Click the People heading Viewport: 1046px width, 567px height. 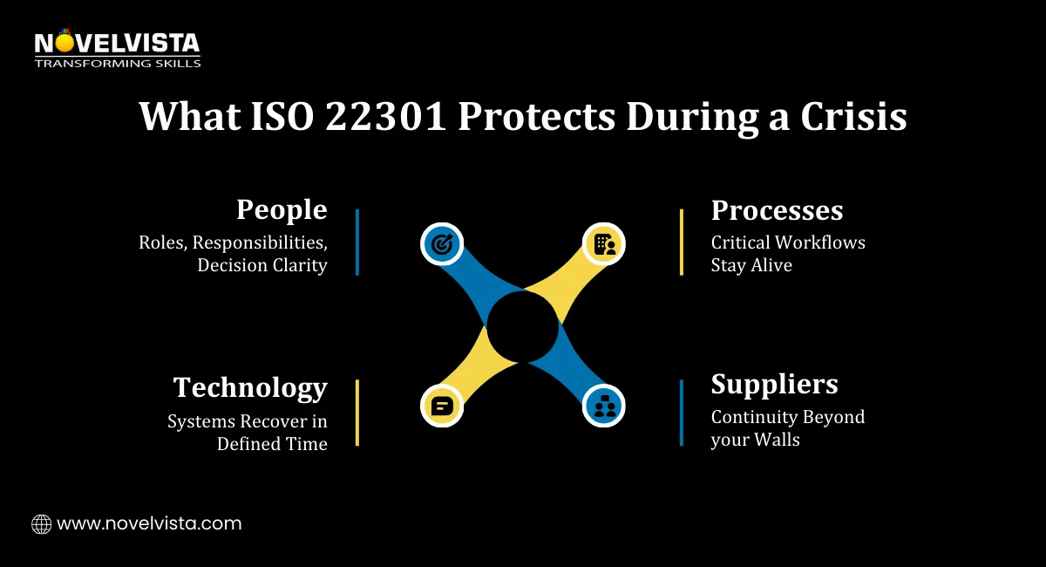click(282, 210)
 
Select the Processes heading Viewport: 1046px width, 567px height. click(777, 210)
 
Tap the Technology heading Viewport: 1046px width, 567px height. click(250, 387)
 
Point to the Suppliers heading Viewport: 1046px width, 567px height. click(774, 385)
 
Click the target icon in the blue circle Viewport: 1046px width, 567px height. click(441, 244)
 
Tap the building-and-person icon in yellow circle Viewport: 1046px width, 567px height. click(604, 244)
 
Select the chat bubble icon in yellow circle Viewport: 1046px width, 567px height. click(441, 406)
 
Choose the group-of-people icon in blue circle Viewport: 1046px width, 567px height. click(604, 406)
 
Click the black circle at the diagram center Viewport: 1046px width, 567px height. click(522, 325)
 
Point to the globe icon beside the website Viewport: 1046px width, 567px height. click(41, 524)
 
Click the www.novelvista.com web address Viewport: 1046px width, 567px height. click(149, 524)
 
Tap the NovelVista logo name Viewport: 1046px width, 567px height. click(117, 43)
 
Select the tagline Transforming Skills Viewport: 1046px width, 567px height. click(117, 63)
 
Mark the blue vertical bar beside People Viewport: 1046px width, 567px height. click(357, 242)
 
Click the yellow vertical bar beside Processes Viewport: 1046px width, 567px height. click(682, 242)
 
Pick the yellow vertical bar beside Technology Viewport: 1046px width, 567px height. click(357, 413)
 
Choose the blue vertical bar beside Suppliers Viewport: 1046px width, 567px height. click(682, 413)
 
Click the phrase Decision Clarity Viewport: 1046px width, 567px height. click(262, 266)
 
